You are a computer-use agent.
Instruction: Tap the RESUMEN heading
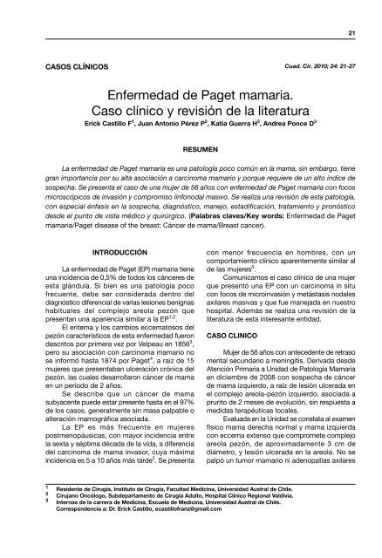pos(192,150)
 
